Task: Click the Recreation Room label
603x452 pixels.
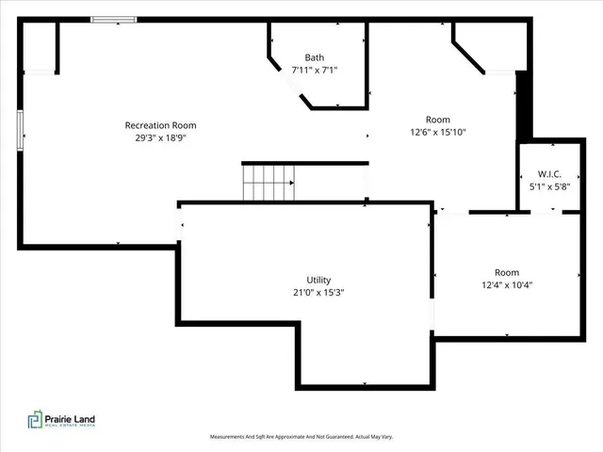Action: click(160, 125)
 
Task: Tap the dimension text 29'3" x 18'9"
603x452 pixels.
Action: click(160, 137)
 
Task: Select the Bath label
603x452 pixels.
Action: click(314, 57)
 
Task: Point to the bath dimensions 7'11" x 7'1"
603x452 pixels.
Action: click(314, 70)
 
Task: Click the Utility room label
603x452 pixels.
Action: click(318, 280)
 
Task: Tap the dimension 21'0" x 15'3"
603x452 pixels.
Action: click(318, 292)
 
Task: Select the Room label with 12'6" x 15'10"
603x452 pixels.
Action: click(438, 120)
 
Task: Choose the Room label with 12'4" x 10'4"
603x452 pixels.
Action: click(507, 272)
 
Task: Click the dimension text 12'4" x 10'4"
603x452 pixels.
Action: click(507, 284)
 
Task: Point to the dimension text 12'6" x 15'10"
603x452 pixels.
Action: click(438, 132)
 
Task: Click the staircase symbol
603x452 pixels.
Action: click(269, 183)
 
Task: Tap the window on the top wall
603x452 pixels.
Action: click(113, 19)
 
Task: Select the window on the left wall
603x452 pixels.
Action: click(20, 129)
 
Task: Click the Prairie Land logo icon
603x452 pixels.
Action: click(33, 421)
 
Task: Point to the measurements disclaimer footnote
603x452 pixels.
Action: click(301, 437)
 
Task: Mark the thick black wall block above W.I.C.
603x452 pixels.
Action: click(524, 104)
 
